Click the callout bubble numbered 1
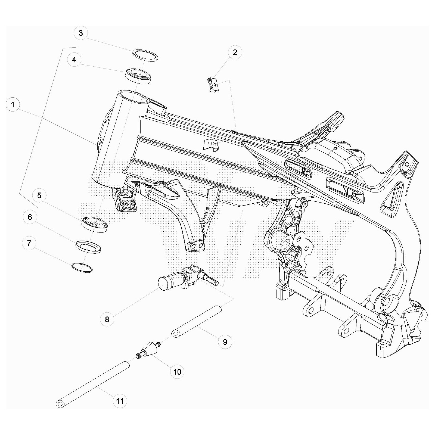13,104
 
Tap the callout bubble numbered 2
235,52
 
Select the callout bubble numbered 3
80,33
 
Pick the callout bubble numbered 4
74,60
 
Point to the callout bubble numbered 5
39,195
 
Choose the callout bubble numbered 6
30,217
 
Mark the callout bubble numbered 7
29,243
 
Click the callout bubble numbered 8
107,319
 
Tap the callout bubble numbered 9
225,341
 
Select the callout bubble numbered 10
177,372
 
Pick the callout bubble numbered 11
120,401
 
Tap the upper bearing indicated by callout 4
138,76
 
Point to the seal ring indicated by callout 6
88,247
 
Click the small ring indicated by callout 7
82,268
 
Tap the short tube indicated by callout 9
197,321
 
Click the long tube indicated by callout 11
93,384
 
